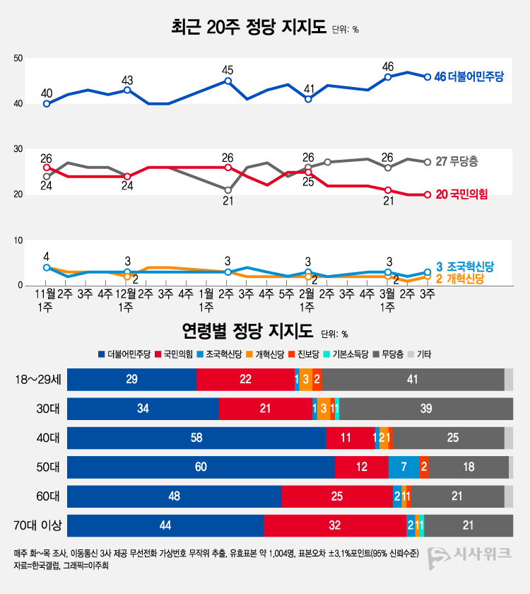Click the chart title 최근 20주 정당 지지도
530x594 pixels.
[x=249, y=28]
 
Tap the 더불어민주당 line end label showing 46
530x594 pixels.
[x=472, y=77]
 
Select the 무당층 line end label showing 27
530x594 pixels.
[x=457, y=162]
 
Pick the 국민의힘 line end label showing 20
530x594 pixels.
[x=461, y=194]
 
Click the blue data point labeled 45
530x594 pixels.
[x=228, y=81]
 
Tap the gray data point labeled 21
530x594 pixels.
[x=228, y=190]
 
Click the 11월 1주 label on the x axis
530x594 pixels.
[x=46, y=299]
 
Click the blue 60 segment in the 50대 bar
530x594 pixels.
[x=201, y=467]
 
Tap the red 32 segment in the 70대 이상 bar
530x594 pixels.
[x=335, y=525]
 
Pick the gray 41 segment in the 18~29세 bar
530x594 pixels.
[x=413, y=380]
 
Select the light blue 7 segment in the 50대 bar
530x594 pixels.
[x=404, y=467]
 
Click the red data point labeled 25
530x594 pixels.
[x=308, y=172]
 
